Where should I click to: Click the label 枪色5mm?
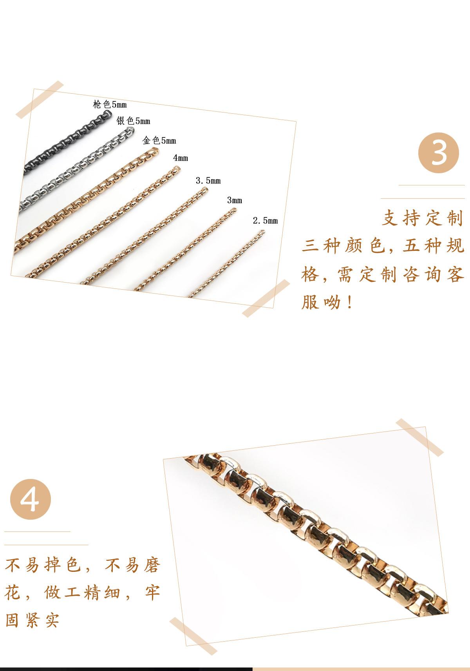(x=110, y=104)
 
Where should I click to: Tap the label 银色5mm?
(x=133, y=121)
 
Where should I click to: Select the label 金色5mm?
(x=159, y=140)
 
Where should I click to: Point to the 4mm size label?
(x=181, y=158)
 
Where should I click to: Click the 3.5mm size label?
(x=208, y=181)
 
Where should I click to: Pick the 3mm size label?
(x=235, y=200)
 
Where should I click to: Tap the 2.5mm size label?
(x=265, y=221)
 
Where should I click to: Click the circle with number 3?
(x=439, y=153)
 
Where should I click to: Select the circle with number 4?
(x=31, y=500)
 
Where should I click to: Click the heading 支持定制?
(x=422, y=218)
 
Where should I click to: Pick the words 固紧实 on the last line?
(x=32, y=620)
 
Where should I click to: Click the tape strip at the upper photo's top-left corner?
(x=40, y=100)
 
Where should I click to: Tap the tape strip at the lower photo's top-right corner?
(x=419, y=437)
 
